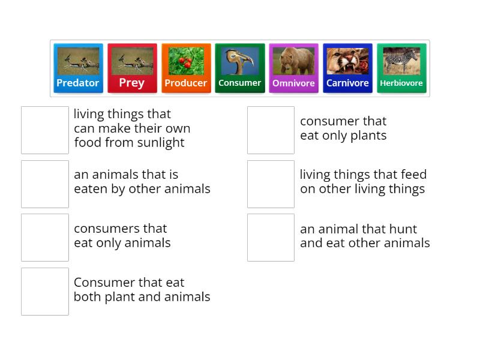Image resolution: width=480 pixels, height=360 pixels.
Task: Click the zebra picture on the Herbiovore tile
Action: pos(401,61)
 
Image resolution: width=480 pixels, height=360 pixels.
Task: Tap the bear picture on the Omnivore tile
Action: pos(293,61)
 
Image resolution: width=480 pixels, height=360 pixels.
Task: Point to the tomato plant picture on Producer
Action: pos(186,61)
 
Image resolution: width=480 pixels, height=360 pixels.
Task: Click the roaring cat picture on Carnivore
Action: pos(347,61)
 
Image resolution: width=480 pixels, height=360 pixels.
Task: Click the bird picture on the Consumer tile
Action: pos(240,61)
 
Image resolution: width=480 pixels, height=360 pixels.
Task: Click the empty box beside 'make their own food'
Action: pos(45,130)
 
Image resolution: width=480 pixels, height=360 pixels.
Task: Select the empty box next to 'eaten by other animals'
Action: pos(45,184)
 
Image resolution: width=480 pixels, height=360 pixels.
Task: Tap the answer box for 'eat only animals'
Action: pos(45,238)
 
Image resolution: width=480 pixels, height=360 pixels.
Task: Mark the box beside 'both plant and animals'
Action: pos(45,292)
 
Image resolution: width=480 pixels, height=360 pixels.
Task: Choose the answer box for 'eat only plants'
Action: pos(271,130)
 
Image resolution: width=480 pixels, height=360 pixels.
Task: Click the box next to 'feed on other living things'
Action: pos(271,184)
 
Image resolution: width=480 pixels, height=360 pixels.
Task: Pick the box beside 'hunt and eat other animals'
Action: pos(271,238)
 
